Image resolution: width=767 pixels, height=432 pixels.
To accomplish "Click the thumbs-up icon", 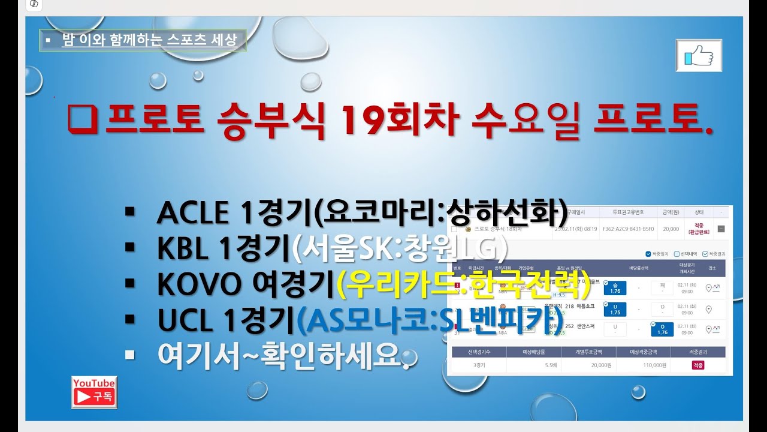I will (699, 56).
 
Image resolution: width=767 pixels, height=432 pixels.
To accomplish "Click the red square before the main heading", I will (83, 118).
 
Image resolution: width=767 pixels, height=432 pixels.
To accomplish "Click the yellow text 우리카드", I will (402, 285).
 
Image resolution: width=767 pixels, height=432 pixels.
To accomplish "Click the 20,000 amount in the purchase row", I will (671, 229).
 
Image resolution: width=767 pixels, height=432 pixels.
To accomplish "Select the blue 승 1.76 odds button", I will (614, 288).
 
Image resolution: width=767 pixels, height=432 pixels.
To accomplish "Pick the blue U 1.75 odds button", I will (615, 309).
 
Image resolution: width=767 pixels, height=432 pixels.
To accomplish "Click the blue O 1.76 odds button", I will (662, 329).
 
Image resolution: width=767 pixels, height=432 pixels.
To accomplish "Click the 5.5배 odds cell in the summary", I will (533, 365).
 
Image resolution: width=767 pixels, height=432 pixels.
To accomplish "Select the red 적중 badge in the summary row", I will (698, 365).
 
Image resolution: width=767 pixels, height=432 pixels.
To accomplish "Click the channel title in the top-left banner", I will (149, 40).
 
